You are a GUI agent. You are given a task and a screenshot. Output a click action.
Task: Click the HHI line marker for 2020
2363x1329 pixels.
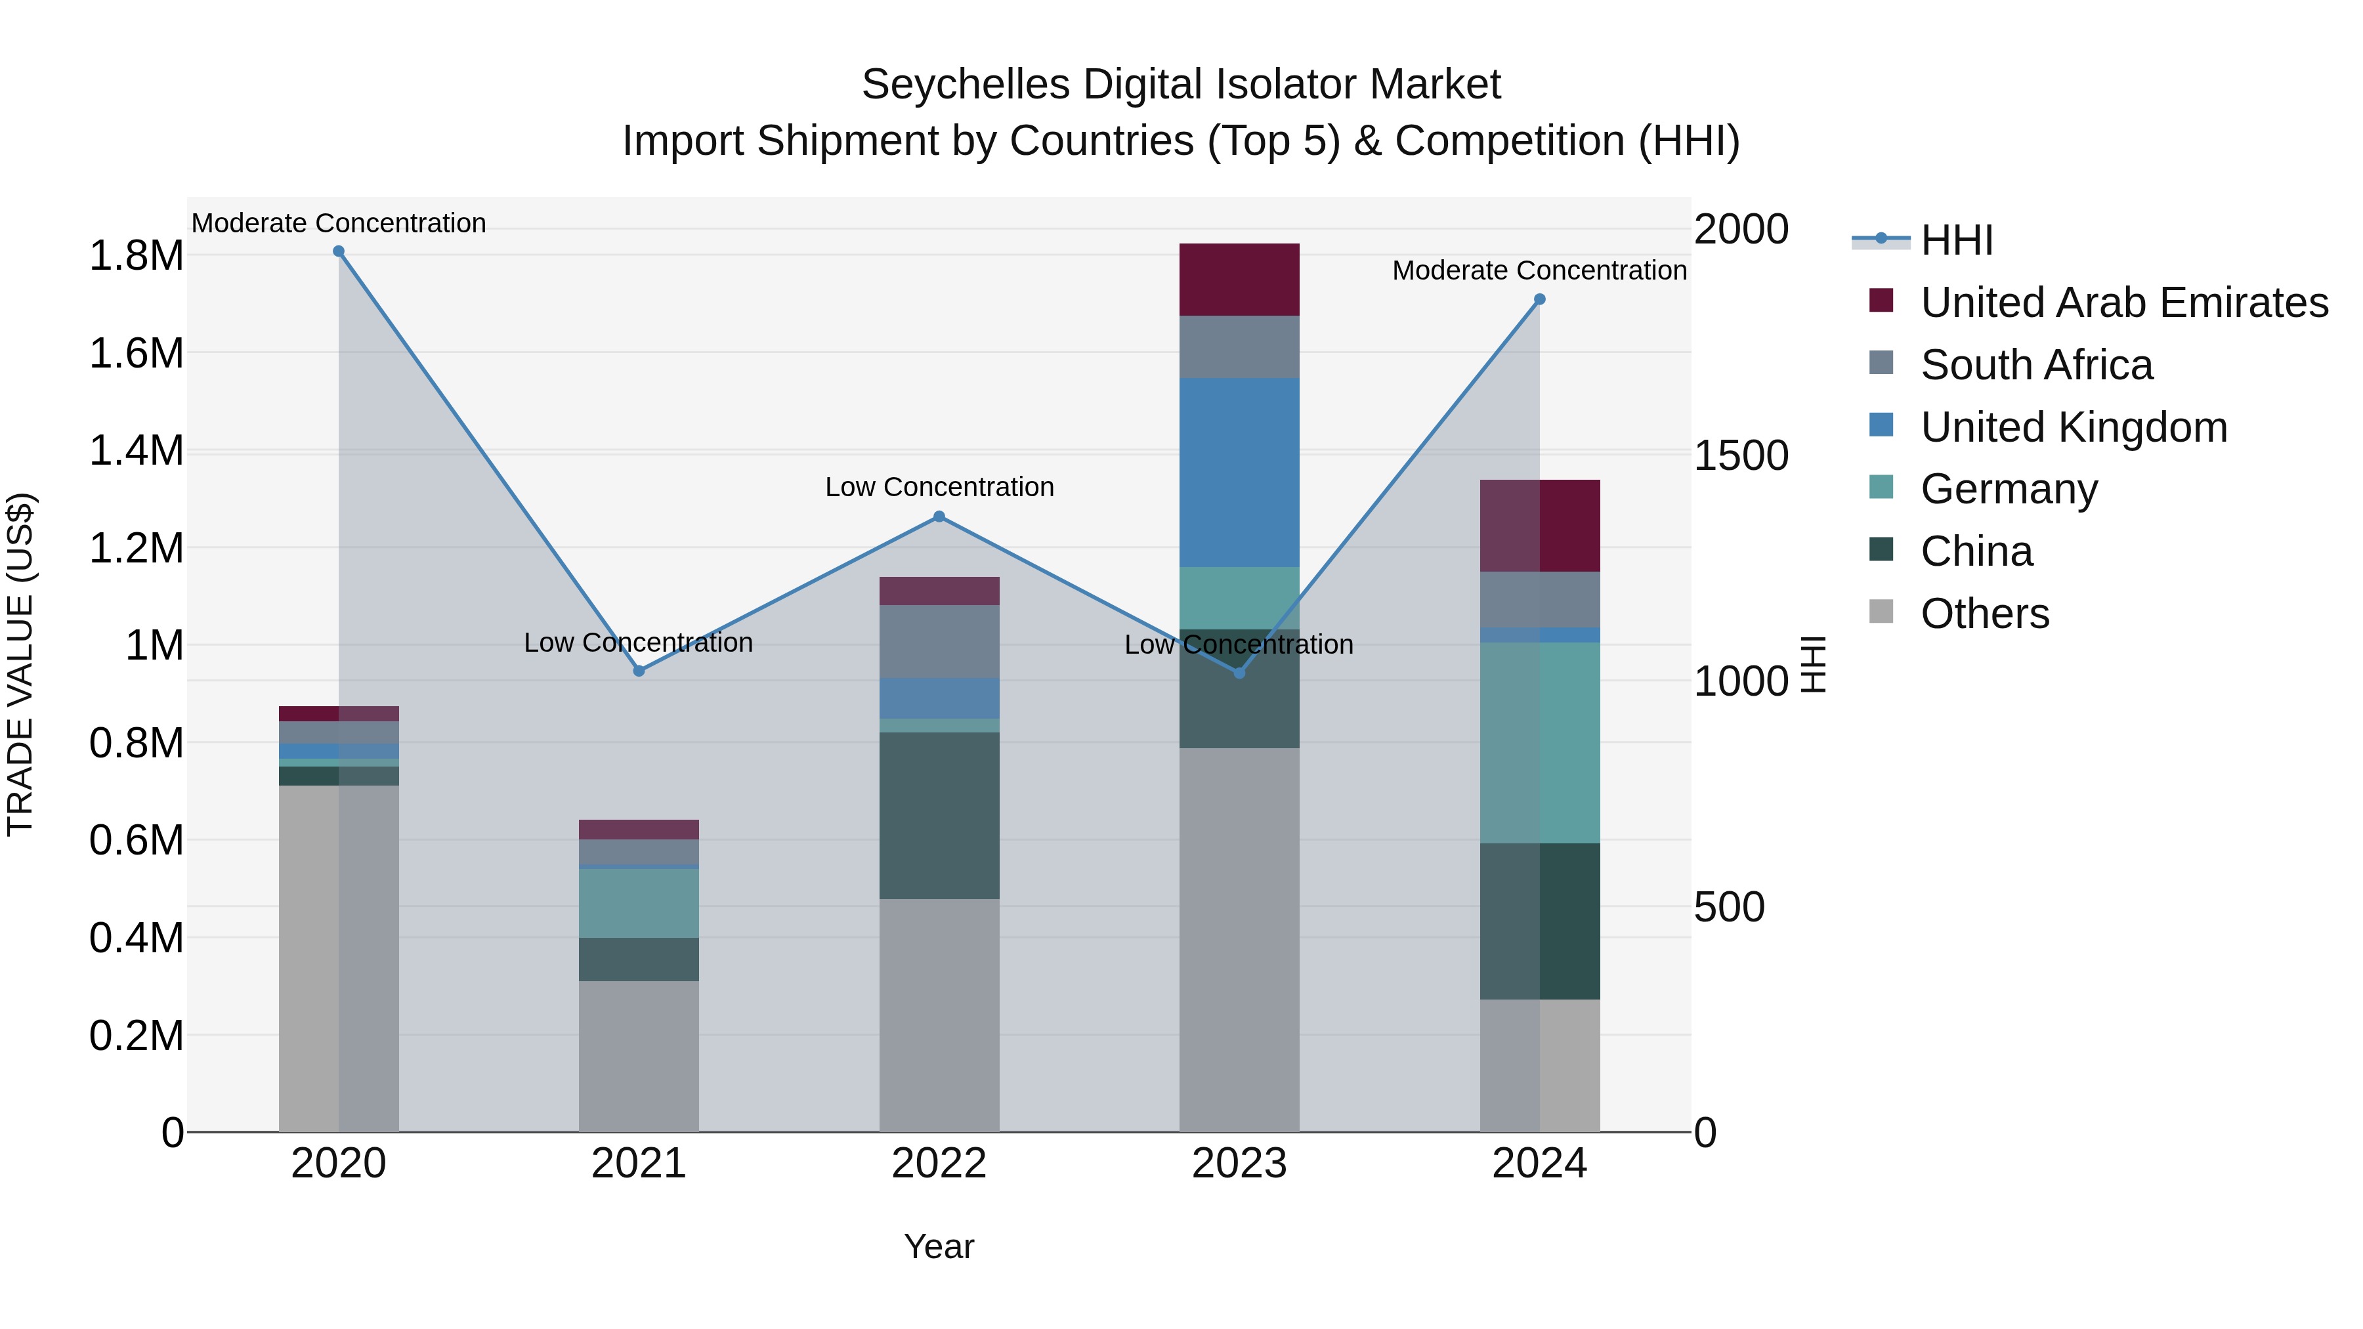(339, 251)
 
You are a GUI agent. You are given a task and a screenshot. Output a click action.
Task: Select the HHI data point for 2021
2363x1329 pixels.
(639, 671)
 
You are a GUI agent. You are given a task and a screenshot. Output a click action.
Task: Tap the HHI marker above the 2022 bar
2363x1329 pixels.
(939, 517)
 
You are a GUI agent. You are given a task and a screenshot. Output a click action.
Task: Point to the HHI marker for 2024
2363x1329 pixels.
(1540, 299)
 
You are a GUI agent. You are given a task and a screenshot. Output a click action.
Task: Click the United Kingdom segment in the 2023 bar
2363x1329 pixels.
(1239, 473)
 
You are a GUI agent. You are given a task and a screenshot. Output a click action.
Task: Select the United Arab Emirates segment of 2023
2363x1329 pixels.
(1239, 280)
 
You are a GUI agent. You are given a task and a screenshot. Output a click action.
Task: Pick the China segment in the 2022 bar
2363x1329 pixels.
(939, 815)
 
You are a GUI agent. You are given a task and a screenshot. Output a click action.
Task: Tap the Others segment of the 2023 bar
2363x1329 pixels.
(1239, 940)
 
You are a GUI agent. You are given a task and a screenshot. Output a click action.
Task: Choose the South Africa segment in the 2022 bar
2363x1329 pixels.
(939, 642)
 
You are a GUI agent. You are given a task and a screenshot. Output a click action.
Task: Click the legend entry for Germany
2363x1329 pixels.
(2009, 489)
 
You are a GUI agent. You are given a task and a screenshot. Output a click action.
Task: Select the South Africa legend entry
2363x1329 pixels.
(2036, 365)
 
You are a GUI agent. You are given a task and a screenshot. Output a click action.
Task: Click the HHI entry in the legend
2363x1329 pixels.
(1956, 240)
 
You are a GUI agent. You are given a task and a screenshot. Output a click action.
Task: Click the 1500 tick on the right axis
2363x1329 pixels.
(1741, 456)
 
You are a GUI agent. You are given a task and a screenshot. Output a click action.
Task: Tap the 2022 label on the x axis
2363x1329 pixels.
(939, 1164)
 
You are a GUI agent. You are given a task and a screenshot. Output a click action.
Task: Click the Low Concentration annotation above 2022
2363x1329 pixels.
(939, 487)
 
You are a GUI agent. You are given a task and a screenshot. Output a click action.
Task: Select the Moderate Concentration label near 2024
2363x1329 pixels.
(1539, 270)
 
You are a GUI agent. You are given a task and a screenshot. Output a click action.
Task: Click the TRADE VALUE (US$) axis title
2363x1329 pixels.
(20, 664)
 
